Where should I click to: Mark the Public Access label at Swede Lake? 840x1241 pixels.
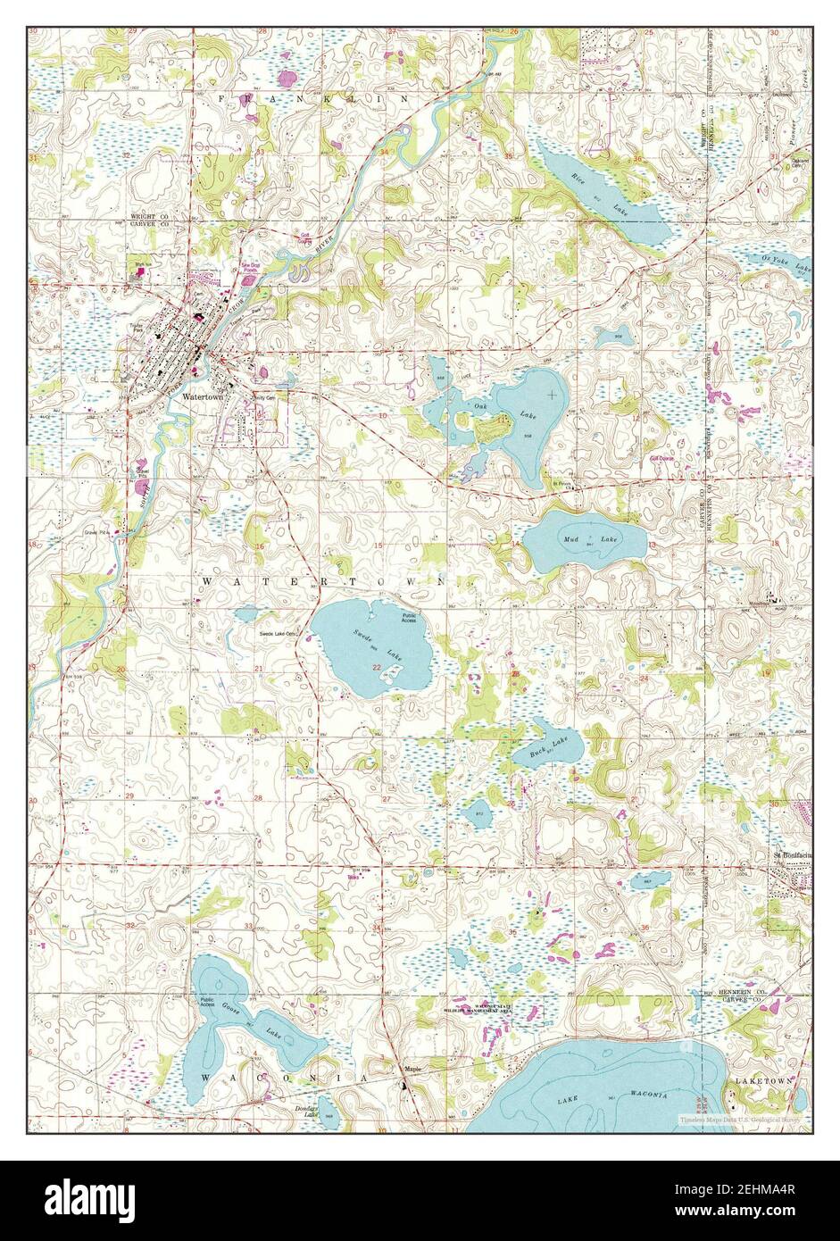click(409, 618)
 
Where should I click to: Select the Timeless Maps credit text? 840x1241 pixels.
click(740, 1118)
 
